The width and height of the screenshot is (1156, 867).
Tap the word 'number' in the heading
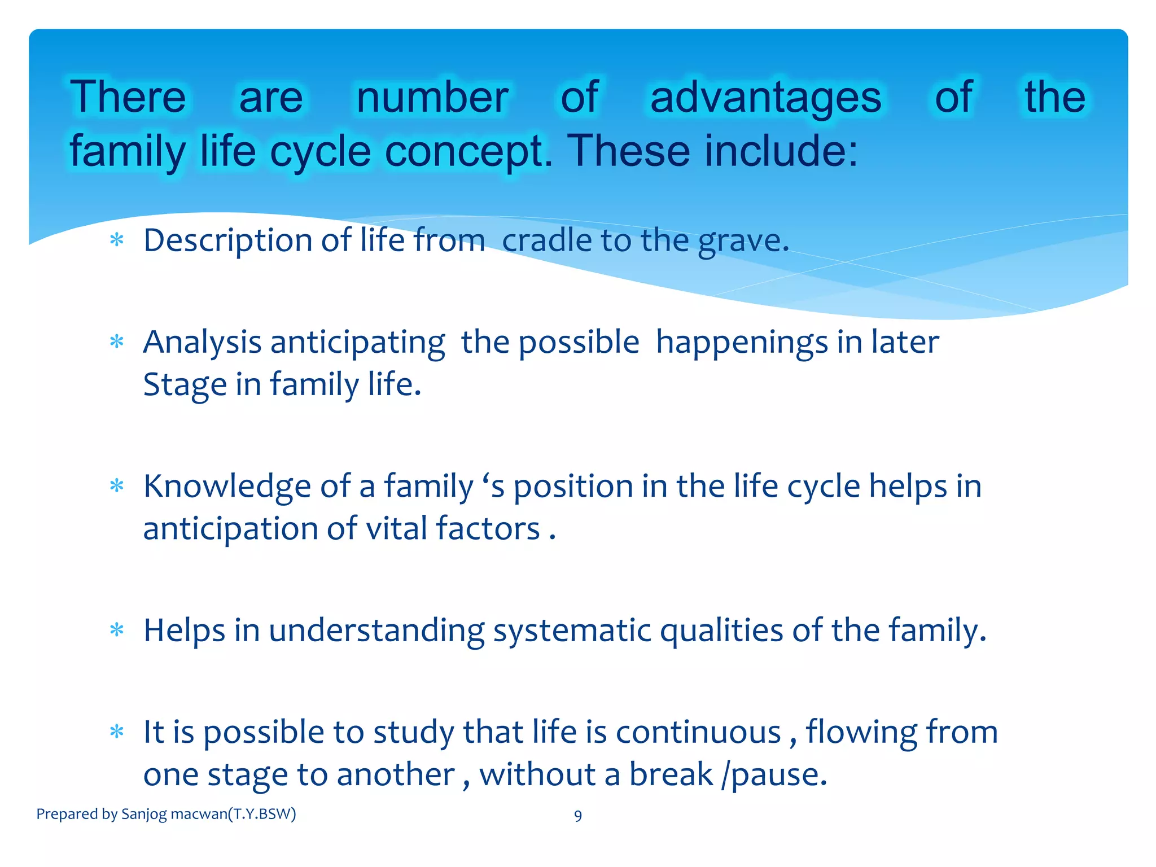pos(432,98)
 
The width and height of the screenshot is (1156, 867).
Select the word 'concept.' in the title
pos(468,151)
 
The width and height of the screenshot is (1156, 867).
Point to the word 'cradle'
pos(546,240)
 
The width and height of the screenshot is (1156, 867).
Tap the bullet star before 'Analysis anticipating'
pos(117,342)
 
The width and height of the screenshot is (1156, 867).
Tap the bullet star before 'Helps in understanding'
pos(117,630)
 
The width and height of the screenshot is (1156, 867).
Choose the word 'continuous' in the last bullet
pos(698,732)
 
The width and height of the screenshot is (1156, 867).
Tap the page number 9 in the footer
pos(577,816)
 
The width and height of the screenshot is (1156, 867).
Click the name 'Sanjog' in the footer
pos(144,815)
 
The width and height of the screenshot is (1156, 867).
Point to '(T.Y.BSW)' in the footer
pos(262,814)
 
